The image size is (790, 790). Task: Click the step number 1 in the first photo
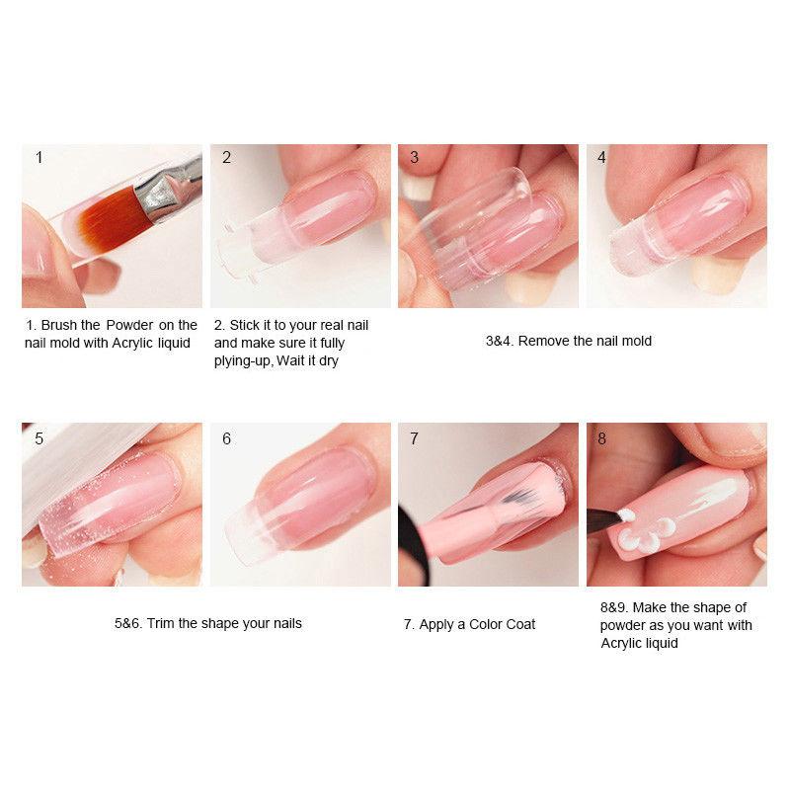click(x=39, y=157)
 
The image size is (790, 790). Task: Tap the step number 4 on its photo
click(x=601, y=157)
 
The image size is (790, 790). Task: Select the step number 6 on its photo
click(x=226, y=438)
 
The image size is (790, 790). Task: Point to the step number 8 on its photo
click(x=601, y=438)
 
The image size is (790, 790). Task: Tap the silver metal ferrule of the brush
click(x=157, y=194)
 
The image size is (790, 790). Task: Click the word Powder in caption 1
click(x=129, y=325)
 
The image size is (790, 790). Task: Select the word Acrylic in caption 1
click(x=132, y=343)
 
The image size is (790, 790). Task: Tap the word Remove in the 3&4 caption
click(x=542, y=341)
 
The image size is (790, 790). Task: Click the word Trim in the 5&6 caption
click(x=160, y=623)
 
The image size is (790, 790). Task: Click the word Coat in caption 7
click(x=519, y=624)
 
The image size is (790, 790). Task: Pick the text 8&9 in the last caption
click(x=614, y=607)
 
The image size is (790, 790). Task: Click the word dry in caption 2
click(x=329, y=361)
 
